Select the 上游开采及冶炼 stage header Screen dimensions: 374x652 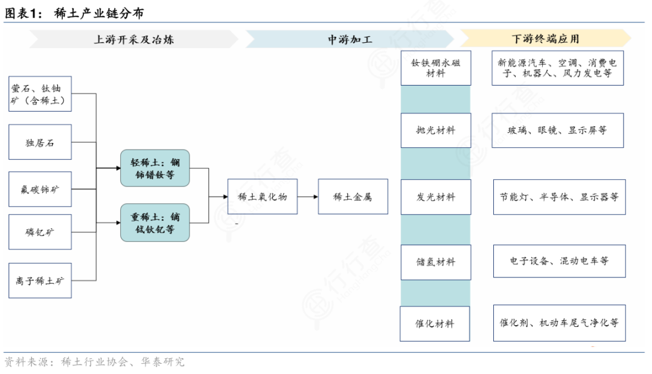tap(134, 39)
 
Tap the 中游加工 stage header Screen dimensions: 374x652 tap(350, 39)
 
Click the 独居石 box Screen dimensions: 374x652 tap(40, 142)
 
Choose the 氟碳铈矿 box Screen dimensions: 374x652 tap(40, 189)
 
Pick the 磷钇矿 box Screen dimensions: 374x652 tap(40, 232)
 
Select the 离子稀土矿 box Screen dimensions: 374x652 tap(40, 280)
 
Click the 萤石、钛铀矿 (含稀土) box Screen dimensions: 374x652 tap(40, 93)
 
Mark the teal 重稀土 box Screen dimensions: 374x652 tap(155, 223)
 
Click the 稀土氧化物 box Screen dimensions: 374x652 tap(263, 196)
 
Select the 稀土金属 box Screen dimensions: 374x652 tap(353, 196)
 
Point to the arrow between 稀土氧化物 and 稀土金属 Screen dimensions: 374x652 tap(307, 196)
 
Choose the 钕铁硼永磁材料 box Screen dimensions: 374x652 tap(436, 68)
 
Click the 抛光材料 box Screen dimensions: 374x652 tap(436, 130)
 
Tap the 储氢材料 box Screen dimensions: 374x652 tap(436, 262)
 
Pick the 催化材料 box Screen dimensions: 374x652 tap(436, 324)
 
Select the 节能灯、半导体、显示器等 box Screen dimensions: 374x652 tap(558, 197)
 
